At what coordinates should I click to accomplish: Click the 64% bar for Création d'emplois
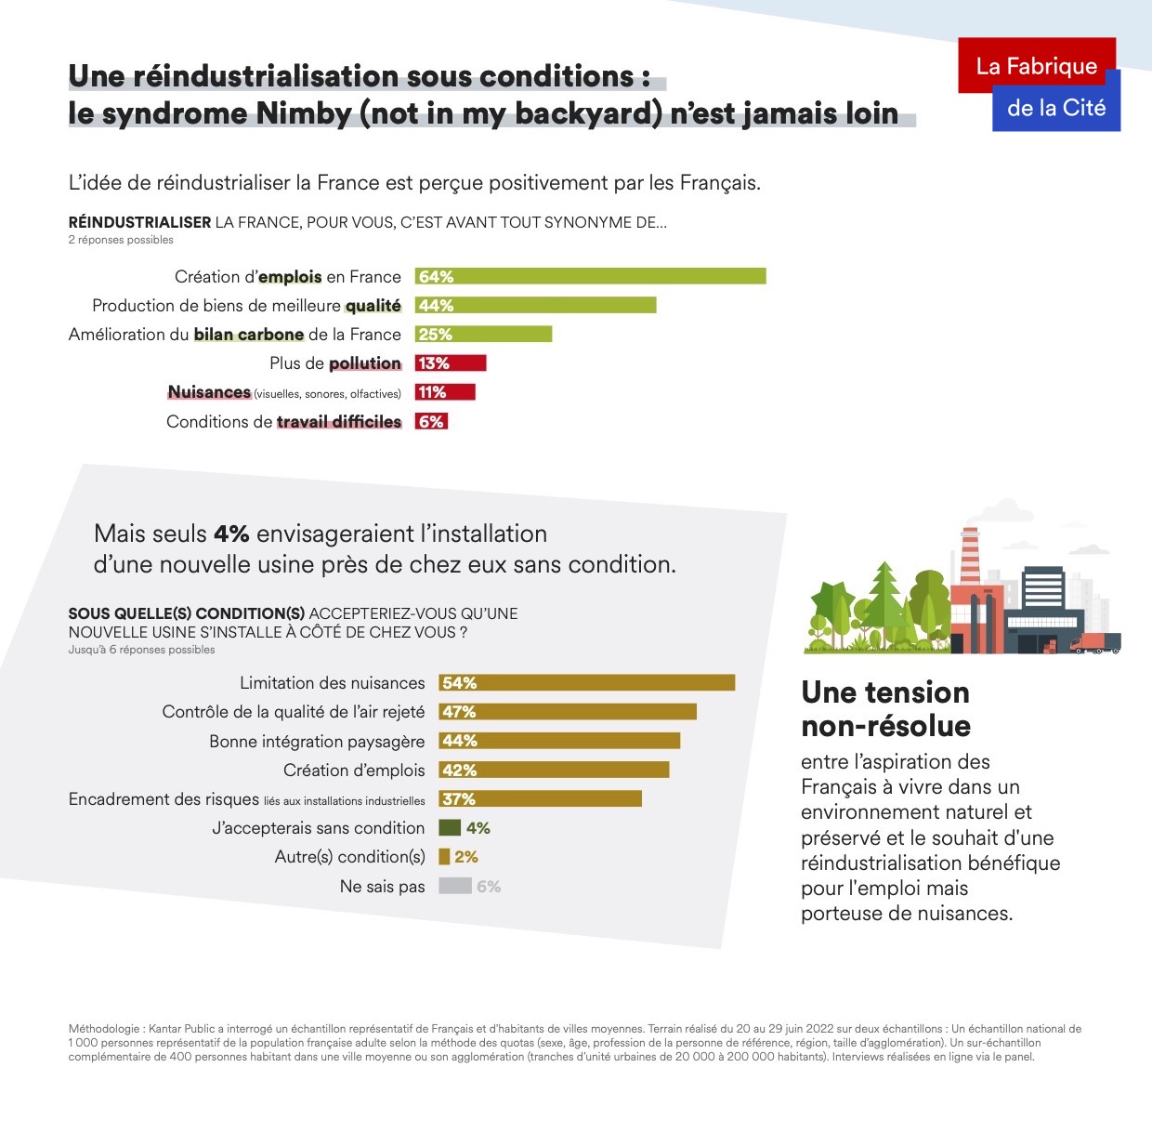(591, 276)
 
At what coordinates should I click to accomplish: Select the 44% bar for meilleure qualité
(536, 305)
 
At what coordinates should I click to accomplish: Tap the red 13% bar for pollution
(451, 362)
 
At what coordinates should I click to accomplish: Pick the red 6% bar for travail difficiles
(432, 421)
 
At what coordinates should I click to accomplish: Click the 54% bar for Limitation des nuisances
(587, 682)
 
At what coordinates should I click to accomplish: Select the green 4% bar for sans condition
(450, 827)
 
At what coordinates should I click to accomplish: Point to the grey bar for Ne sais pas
(455, 886)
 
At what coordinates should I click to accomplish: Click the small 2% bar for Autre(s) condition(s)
(444, 856)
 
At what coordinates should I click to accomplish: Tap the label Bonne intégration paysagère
(317, 741)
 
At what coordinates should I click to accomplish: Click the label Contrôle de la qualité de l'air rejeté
(294, 712)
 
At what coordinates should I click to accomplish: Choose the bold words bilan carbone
(249, 335)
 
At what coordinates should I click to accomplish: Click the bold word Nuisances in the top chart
(209, 392)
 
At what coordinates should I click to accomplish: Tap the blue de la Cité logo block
(1057, 110)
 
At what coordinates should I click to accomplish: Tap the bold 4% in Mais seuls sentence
(231, 534)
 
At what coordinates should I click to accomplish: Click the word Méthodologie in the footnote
(104, 1029)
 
